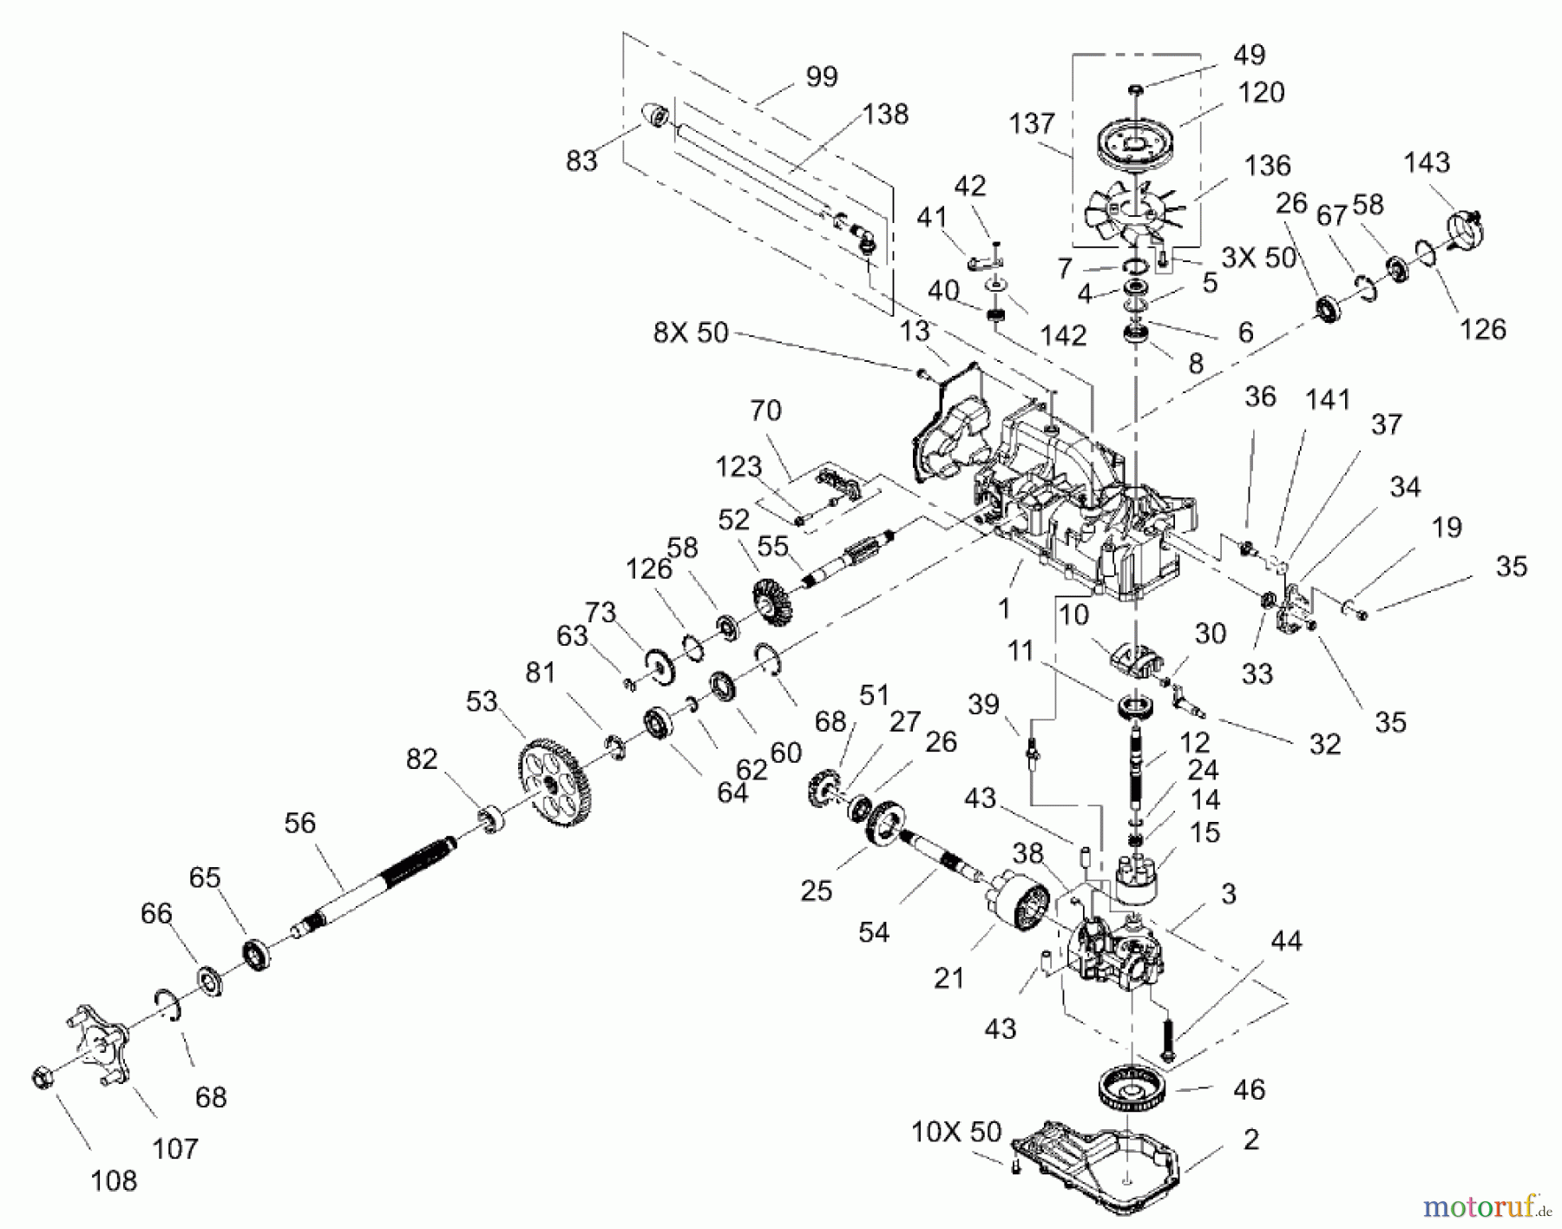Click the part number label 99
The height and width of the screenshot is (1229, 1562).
tap(821, 77)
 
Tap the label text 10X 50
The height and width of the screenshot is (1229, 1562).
tap(956, 1132)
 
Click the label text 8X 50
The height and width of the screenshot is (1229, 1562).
tap(691, 332)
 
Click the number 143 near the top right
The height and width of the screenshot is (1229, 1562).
tap(1427, 162)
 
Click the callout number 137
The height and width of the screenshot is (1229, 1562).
tap(1031, 123)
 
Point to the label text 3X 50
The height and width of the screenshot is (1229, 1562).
tap(1258, 258)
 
